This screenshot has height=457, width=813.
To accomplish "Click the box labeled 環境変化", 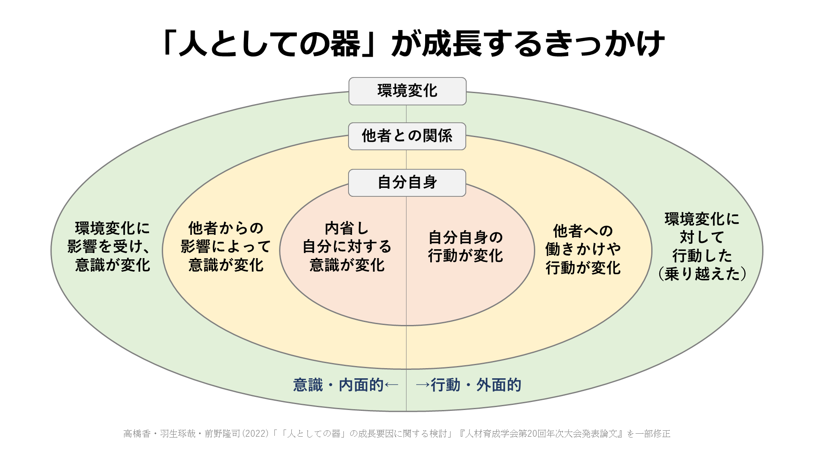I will click(407, 91).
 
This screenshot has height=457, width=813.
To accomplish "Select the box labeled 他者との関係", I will click(407, 136).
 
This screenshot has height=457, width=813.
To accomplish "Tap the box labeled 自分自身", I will click(407, 183).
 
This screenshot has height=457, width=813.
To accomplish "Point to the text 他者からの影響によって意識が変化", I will click(226, 247).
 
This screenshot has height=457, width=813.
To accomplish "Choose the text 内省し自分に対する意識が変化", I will click(347, 247).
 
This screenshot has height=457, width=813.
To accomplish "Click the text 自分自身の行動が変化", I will click(465, 247).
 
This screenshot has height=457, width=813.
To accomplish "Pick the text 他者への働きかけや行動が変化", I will click(583, 249).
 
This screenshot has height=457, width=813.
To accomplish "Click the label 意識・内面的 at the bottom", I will click(338, 385).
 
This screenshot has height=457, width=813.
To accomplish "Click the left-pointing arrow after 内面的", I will click(392, 385).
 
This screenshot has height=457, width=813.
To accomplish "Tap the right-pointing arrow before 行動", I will click(423, 385).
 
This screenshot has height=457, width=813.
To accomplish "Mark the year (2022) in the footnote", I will click(255, 434).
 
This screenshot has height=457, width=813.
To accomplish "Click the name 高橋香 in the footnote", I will click(137, 434).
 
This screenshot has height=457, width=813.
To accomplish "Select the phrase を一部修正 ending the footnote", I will click(648, 434).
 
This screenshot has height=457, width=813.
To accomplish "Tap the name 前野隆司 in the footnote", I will click(222, 434).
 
